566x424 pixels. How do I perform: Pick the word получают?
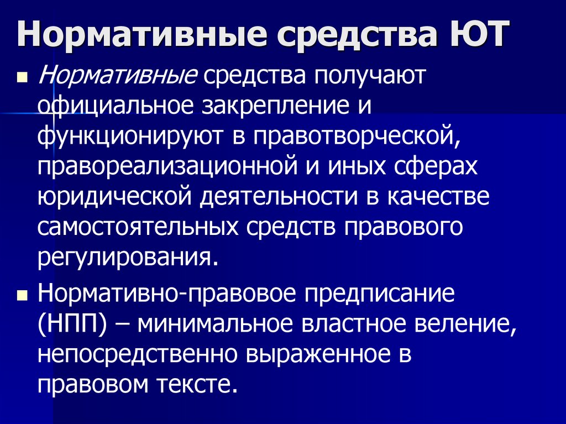(374, 76)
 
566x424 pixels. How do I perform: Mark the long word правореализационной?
(169, 166)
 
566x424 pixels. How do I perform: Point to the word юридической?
(114, 197)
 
